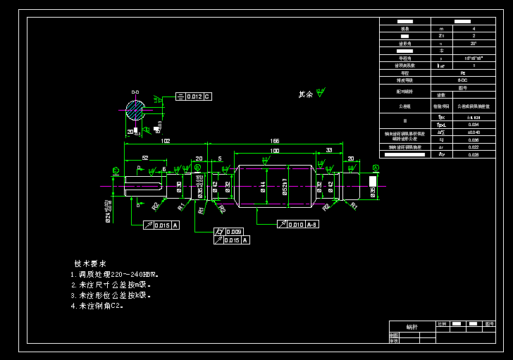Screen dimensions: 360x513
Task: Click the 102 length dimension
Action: pyautogui.click(x=165, y=141)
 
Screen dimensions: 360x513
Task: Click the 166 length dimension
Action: pyautogui.click(x=274, y=141)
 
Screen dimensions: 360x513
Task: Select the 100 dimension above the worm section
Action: pyautogui.click(x=273, y=151)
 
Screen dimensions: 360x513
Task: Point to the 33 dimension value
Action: pyautogui.click(x=328, y=151)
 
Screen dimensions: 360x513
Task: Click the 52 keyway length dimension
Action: pyautogui.click(x=145, y=159)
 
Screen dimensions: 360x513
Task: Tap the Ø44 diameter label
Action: pyautogui.click(x=263, y=187)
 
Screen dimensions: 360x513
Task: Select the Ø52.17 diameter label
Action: pyautogui.click(x=285, y=187)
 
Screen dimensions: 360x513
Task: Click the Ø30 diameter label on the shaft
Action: pyautogui.click(x=179, y=187)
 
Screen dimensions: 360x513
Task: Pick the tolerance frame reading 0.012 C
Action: pyautogui.click(x=193, y=96)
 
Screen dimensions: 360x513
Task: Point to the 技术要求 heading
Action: pyautogui.click(x=90, y=263)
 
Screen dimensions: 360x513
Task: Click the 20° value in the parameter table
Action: pyautogui.click(x=473, y=44)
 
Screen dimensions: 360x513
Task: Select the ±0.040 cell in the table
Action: pyautogui.click(x=473, y=132)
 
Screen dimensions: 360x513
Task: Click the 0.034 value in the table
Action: pyautogui.click(x=473, y=125)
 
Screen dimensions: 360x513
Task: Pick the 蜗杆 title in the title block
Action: pyautogui.click(x=412, y=328)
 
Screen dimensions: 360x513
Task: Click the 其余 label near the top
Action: pyautogui.click(x=305, y=94)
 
